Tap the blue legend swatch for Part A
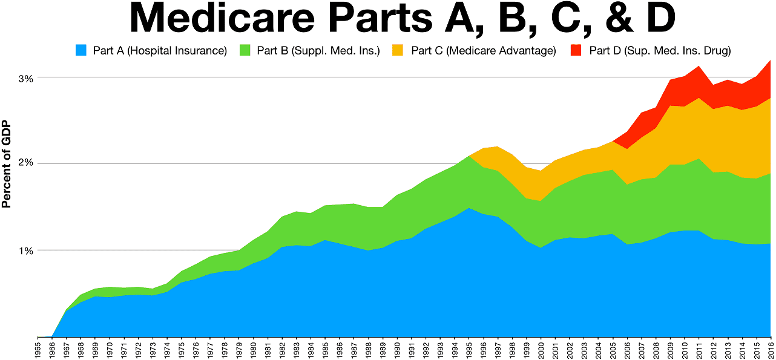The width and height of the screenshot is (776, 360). pos(81,50)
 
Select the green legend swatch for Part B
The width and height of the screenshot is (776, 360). pos(245,50)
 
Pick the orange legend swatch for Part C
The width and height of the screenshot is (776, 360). pos(400,50)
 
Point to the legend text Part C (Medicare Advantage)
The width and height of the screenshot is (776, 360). pos(483,51)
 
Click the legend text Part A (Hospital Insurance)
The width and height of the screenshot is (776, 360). pos(160,51)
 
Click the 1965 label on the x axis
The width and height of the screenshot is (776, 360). pos(38,349)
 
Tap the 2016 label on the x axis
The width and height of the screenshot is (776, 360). pos(771,349)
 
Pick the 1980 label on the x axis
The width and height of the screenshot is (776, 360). pos(253,349)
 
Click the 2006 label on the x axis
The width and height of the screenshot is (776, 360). pos(627,349)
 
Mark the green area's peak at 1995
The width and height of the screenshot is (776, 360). pos(469,157)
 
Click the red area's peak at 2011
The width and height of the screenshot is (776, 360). pos(699,67)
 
